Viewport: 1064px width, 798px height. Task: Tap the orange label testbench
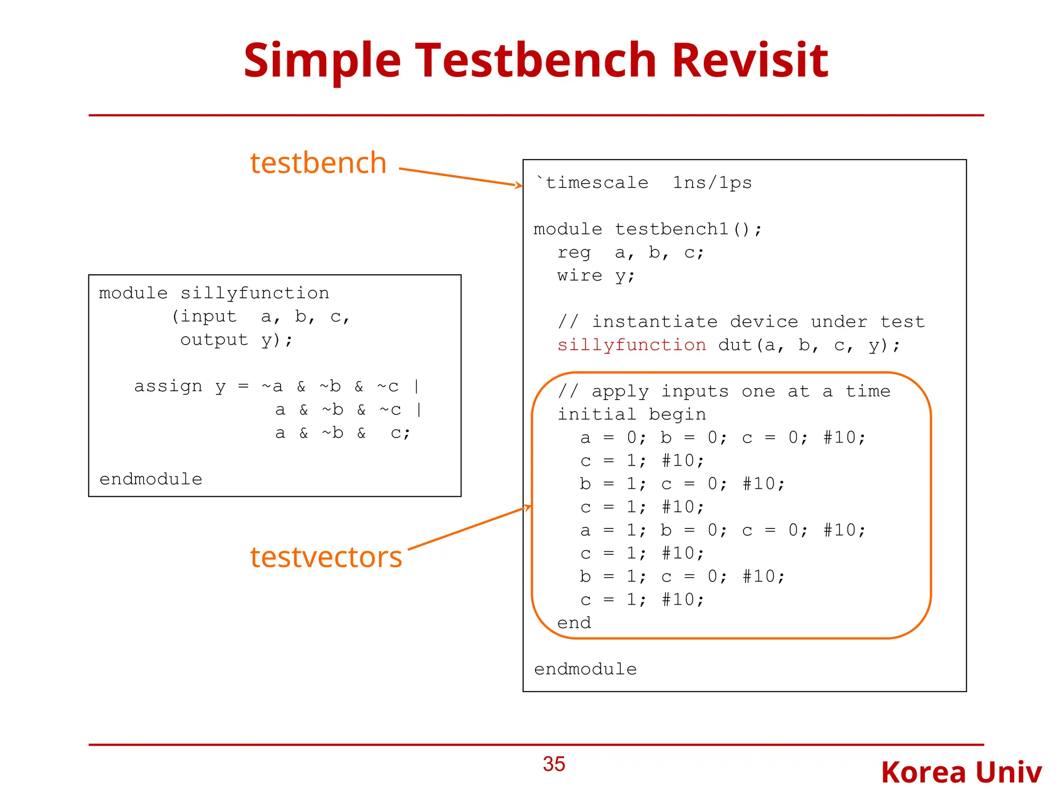[318, 163]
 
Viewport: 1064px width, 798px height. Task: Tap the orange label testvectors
[326, 557]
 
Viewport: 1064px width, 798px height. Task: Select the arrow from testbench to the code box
[460, 177]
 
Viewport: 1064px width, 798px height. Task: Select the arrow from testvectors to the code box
[468, 528]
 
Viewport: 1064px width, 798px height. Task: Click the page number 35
[554, 764]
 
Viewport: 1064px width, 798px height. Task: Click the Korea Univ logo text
[961, 773]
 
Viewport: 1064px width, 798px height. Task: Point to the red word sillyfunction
[631, 345]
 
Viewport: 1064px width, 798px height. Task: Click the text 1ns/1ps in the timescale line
[712, 183]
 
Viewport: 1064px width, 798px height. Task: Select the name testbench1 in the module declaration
[672, 229]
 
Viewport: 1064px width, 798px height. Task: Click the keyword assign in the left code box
[168, 386]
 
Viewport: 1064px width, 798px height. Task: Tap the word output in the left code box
[214, 340]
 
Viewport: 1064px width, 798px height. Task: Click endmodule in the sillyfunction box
[151, 479]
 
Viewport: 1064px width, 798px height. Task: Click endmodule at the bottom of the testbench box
[585, 669]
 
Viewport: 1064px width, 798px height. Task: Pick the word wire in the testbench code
[579, 275]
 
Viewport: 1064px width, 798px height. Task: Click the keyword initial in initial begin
[596, 415]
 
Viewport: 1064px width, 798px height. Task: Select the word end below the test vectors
[574, 623]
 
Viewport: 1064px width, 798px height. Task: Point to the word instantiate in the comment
[654, 322]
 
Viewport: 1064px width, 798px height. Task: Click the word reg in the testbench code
[574, 252]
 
